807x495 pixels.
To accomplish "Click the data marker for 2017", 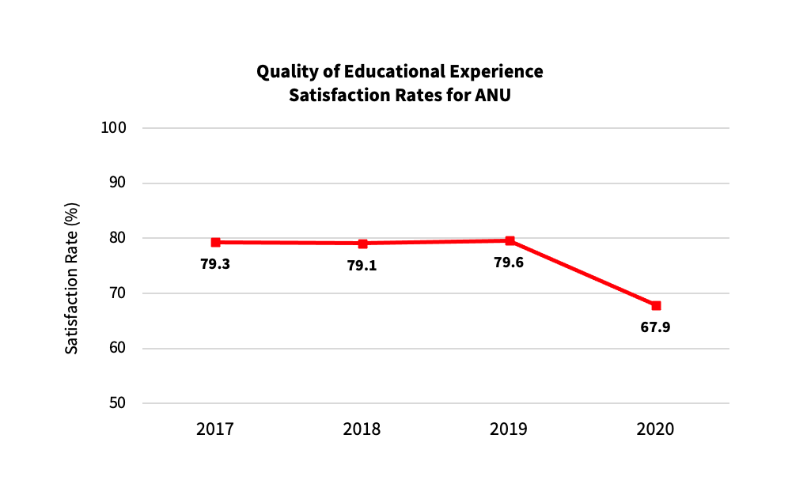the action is [x=216, y=242].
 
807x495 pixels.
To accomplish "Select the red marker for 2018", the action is [x=363, y=244].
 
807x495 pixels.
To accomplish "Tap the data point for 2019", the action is [x=510, y=241].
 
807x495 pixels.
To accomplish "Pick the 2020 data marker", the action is [x=656, y=306].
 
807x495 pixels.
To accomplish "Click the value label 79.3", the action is [x=215, y=264].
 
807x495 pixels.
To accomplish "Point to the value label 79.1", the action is [x=362, y=266].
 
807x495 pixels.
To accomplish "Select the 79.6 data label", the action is [x=509, y=263].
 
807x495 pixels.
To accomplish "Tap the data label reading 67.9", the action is [x=655, y=328].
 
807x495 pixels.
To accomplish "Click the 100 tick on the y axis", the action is [x=113, y=128].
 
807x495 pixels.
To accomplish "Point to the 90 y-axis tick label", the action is [x=117, y=183].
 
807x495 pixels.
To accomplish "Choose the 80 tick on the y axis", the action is [x=117, y=238].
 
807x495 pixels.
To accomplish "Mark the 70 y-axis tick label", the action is [x=117, y=293].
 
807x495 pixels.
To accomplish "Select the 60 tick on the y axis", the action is [x=117, y=348].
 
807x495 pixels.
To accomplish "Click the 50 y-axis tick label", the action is [x=117, y=403].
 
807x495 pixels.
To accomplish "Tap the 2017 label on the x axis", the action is [x=215, y=429].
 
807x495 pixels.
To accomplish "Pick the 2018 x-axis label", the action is [x=362, y=429].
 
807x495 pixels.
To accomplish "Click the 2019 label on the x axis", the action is [x=509, y=429].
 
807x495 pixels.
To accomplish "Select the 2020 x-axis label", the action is [x=655, y=429].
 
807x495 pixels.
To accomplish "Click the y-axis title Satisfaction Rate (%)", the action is [x=72, y=278].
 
